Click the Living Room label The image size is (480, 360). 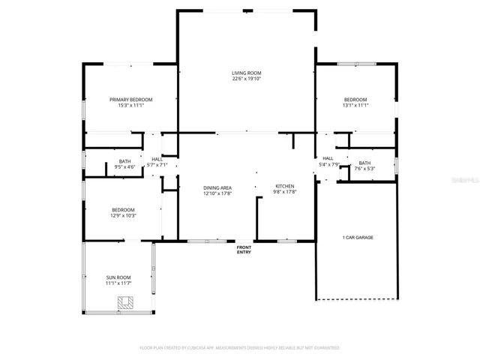246,73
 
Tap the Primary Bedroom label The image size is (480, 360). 130,100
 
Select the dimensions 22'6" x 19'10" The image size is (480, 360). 246,79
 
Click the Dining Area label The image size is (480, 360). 217,187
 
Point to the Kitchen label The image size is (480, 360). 284,187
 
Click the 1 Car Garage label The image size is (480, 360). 358,238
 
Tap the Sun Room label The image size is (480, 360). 118,277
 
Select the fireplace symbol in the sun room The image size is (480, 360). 125,302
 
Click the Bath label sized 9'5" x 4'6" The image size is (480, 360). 124,161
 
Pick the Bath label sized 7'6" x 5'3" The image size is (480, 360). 364,163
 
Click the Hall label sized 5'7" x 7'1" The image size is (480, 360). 157,159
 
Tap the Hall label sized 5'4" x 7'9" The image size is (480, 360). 328,158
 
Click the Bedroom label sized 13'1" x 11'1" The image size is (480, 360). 355,100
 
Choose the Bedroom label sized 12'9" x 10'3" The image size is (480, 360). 124,209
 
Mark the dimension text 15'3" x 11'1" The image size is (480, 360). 130,106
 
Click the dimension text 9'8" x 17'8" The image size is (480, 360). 284,193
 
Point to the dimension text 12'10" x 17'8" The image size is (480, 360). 217,193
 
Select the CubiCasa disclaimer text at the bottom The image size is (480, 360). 239,348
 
